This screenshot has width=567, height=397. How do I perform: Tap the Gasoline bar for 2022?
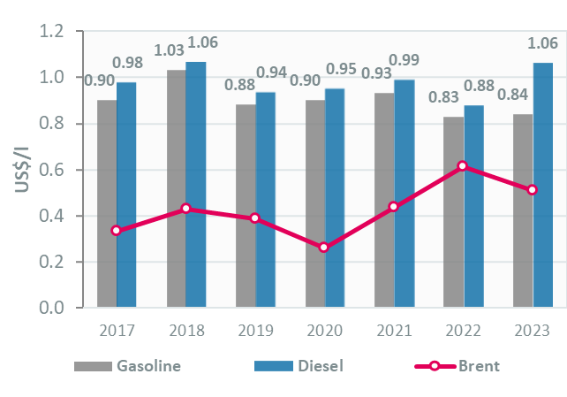pyautogui.click(x=453, y=212)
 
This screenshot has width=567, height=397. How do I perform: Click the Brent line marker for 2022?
pyautogui.click(x=462, y=165)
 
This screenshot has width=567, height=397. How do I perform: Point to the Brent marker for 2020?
pyautogui.click(x=324, y=248)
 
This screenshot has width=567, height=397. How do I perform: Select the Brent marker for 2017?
pyautogui.click(x=116, y=231)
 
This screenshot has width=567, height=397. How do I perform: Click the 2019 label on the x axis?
pyautogui.click(x=255, y=331)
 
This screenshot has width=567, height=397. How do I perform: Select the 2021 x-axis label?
pyautogui.click(x=394, y=331)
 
